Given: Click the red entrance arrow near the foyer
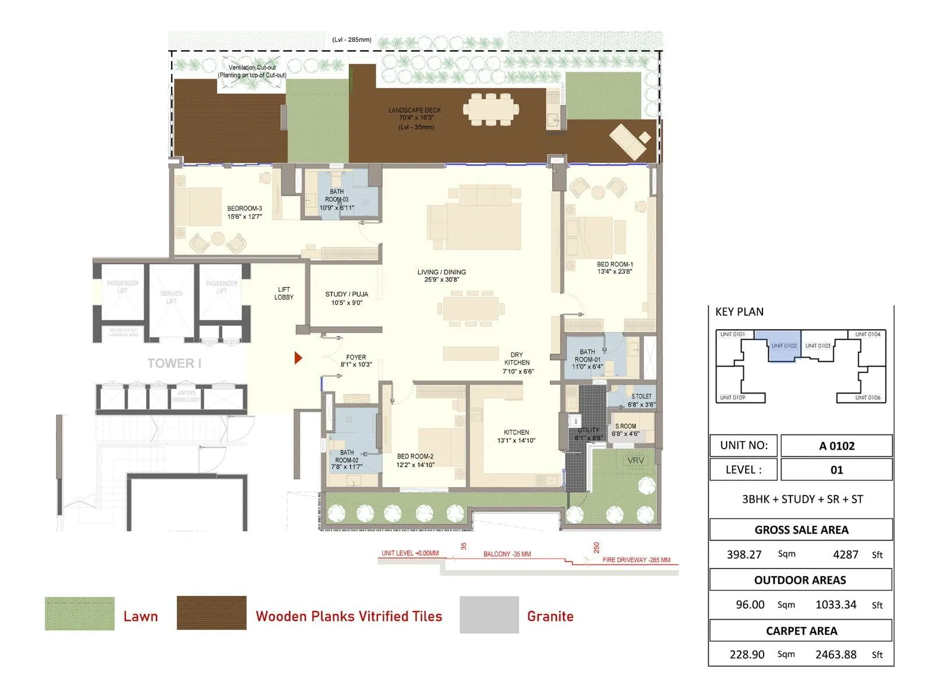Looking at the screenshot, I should pos(298,358).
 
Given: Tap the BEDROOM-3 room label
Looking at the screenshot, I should pos(245,213).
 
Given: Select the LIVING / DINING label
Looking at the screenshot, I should pos(442,276).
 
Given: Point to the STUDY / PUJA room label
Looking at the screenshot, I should pos(347,298).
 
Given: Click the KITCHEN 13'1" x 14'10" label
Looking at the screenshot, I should pos(516,436).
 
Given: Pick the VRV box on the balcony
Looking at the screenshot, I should pos(636,460).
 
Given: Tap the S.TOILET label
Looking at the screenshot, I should pos(641,400).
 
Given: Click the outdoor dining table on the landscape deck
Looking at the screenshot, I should pos(490,110).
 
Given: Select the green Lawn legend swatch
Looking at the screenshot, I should pos(80,613).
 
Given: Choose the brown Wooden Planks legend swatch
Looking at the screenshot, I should pos(211,613).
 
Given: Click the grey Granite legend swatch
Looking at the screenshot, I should pos(489,615).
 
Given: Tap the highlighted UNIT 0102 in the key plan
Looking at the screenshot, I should pos(783,346).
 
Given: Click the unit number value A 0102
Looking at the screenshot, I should pos(836,446).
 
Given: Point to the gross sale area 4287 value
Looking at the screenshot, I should pos(845,555).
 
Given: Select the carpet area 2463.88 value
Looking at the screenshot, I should pos(836,654).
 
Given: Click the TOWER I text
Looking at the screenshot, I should pos(174,363).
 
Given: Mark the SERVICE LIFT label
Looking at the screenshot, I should pos(171,297).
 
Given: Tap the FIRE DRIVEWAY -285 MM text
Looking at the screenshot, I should pos(636,560).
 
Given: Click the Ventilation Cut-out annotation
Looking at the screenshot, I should pos(252,71).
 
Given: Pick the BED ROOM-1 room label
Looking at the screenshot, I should pos(615,267).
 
